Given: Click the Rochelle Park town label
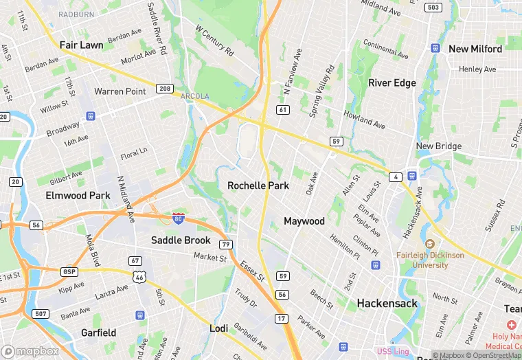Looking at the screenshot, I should (258, 185).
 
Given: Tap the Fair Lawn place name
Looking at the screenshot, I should (81, 45).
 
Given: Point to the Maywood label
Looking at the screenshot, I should (304, 221).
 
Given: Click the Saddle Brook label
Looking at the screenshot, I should (181, 240).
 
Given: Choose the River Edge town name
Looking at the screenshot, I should (392, 82).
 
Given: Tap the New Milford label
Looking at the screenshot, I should (475, 49).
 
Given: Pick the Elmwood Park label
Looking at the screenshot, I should (78, 195).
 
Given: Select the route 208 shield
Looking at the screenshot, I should (164, 89).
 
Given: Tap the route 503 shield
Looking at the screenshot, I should (433, 8).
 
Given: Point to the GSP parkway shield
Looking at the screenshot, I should (69, 271).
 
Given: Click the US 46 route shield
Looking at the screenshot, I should (140, 276).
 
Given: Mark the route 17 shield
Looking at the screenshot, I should (282, 318).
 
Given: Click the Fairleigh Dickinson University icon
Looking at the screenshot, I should (430, 244).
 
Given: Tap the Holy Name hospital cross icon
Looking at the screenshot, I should (511, 324).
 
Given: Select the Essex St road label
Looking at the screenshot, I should (253, 269).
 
